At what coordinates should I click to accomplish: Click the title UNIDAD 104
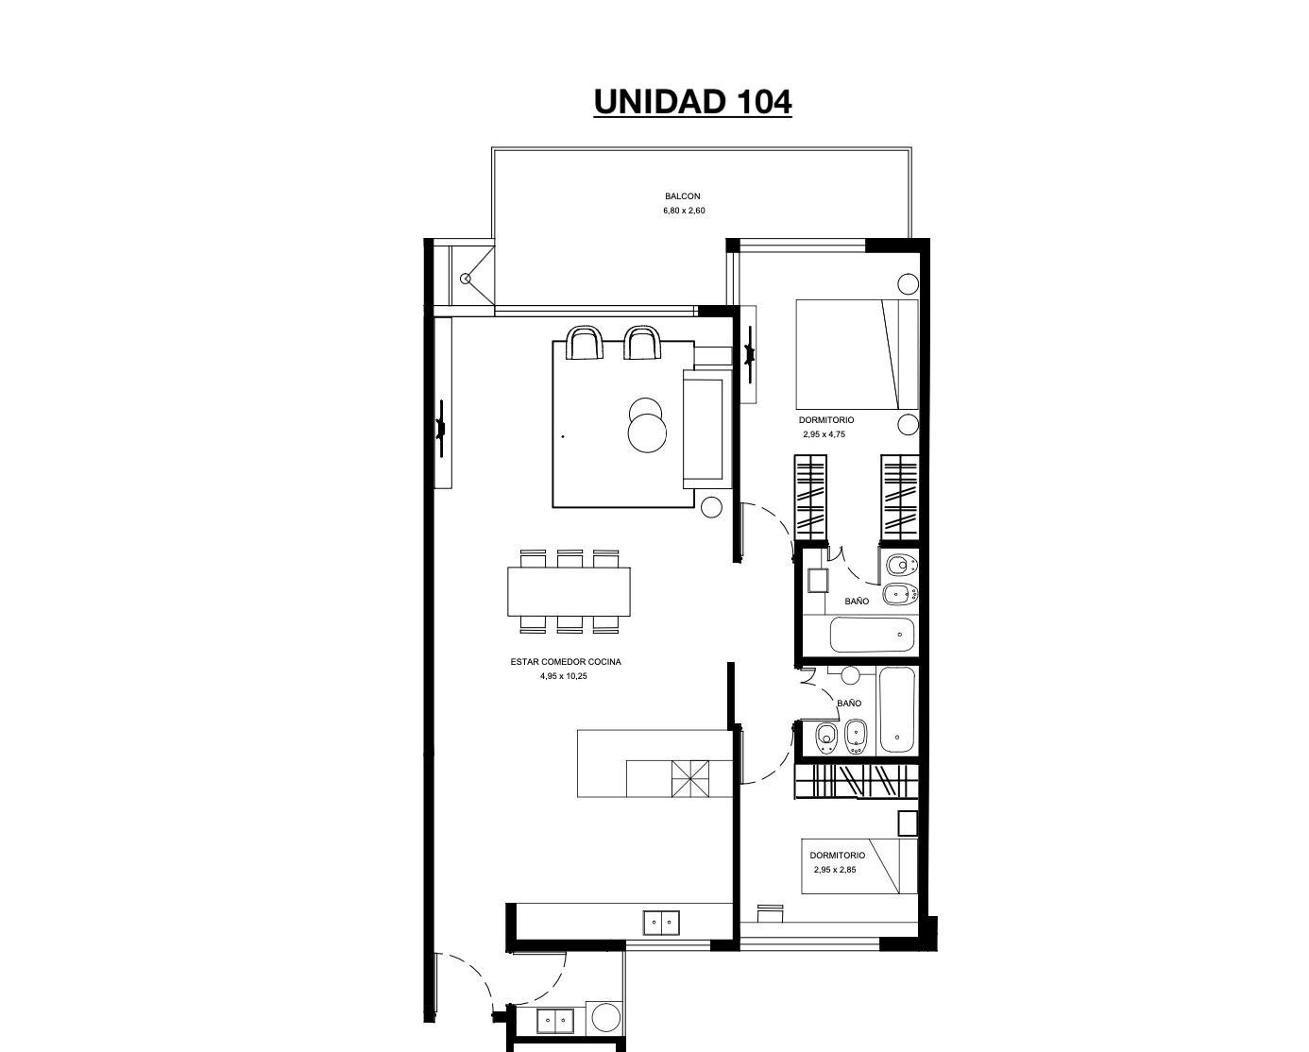click(x=692, y=102)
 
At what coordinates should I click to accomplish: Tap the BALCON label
click(x=683, y=195)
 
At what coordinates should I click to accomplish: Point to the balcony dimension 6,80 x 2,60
click(x=684, y=211)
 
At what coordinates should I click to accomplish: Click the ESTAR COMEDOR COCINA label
click(x=566, y=661)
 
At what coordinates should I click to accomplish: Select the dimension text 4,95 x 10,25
click(x=563, y=676)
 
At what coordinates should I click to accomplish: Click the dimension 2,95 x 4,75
click(x=824, y=434)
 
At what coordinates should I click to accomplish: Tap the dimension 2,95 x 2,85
click(x=835, y=870)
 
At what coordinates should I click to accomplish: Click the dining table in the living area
click(x=569, y=591)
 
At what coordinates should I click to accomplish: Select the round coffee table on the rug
click(x=647, y=433)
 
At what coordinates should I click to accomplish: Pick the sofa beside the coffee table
click(x=707, y=429)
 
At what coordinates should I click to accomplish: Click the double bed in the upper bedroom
click(x=857, y=354)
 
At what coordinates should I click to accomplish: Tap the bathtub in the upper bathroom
click(x=873, y=635)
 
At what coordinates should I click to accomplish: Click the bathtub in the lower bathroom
click(x=896, y=709)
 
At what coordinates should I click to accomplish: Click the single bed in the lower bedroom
click(x=858, y=866)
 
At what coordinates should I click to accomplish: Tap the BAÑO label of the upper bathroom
click(x=857, y=602)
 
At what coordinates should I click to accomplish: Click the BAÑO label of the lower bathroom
click(x=848, y=704)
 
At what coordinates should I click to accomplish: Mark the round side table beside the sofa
click(x=711, y=507)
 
